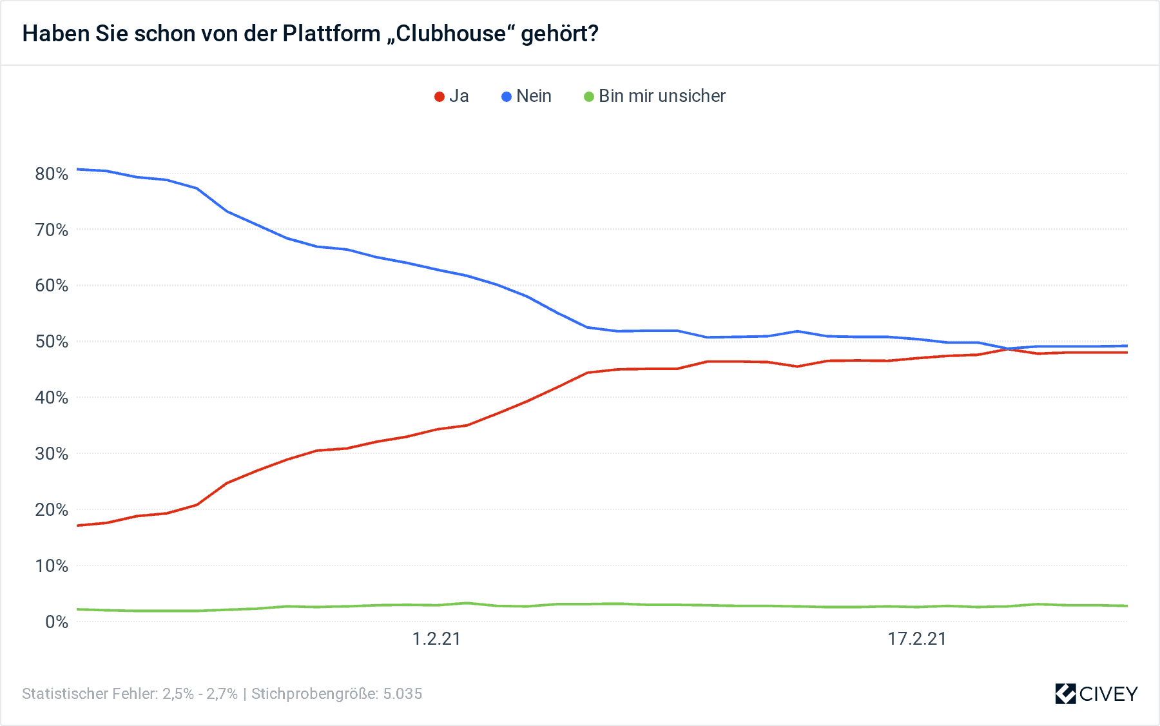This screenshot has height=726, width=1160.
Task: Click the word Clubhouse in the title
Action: coord(451,34)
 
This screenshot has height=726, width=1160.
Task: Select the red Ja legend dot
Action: coord(440,97)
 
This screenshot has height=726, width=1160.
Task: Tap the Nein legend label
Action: coord(534,96)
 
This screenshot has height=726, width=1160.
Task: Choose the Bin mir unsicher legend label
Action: coord(662,96)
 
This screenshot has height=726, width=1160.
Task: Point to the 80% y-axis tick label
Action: coord(52,173)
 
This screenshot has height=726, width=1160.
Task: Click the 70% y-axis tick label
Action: coord(52,230)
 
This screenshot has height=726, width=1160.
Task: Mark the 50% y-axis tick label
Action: coord(52,342)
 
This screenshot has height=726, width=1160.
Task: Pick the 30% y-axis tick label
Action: coord(52,454)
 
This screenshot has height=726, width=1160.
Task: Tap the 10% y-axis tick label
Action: coord(52,566)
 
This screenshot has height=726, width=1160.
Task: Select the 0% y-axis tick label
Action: coord(57,622)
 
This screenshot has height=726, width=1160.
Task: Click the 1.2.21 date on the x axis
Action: coord(436,639)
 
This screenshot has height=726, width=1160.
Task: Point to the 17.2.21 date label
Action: coord(916,639)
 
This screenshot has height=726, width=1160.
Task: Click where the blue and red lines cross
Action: coord(1007,349)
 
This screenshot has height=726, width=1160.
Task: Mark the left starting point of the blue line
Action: coord(77,169)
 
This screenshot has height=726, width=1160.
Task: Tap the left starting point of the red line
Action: coord(77,525)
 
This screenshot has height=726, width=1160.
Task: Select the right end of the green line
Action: coord(1127,605)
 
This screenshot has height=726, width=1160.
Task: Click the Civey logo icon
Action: coord(1065,694)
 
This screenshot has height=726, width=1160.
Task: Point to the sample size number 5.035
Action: coord(403,694)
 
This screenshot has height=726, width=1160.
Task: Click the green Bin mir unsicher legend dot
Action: coord(589,97)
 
